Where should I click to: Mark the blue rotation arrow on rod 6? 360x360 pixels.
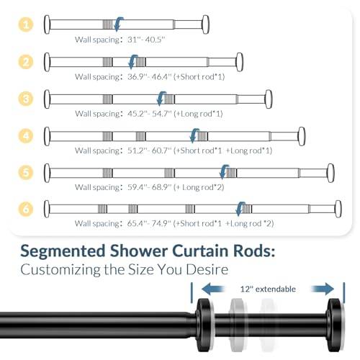coord(238,209)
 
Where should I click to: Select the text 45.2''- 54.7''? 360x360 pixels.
coord(148,113)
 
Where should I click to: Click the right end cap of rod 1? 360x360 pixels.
coord(206,24)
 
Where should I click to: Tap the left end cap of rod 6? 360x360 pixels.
coord(48,209)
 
